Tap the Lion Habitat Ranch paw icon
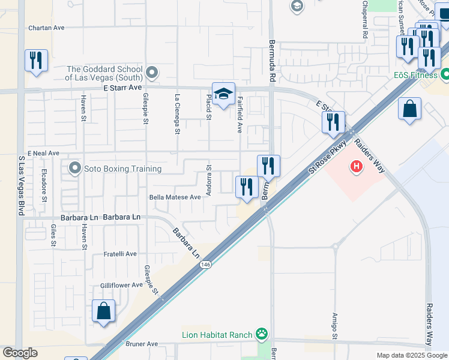[261, 333]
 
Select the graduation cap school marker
[223, 94]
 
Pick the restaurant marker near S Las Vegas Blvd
[36, 61]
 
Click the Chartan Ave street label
[47, 28]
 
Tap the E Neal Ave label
[43, 153]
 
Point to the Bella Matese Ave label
[175, 197]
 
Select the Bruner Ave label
[142, 344]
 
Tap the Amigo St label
[335, 325]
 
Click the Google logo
[20, 353]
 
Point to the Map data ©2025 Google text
[411, 355]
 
